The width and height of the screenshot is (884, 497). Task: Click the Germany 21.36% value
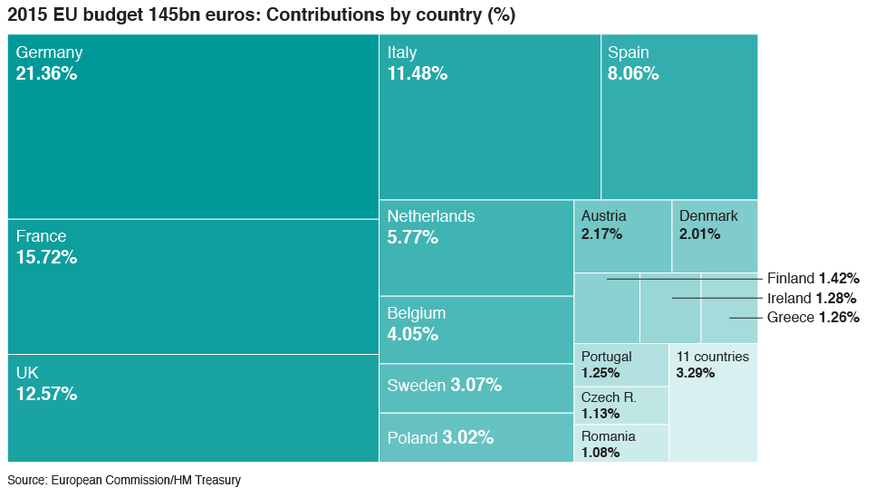tap(46, 74)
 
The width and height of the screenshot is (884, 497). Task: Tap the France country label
tap(41, 236)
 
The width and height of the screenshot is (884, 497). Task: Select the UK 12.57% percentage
tap(46, 394)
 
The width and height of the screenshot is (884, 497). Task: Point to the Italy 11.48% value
tap(417, 74)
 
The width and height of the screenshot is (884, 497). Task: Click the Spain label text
tap(629, 53)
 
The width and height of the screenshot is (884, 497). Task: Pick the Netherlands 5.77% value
tap(412, 238)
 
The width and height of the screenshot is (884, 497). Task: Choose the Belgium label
tap(416, 313)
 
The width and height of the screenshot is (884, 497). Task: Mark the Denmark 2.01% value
tap(699, 234)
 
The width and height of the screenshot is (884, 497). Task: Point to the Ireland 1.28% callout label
tap(811, 298)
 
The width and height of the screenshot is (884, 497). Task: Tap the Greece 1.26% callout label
tap(812, 318)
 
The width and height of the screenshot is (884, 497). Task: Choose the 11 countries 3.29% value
tap(695, 373)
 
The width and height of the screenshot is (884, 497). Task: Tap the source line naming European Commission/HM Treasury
tap(124, 481)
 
